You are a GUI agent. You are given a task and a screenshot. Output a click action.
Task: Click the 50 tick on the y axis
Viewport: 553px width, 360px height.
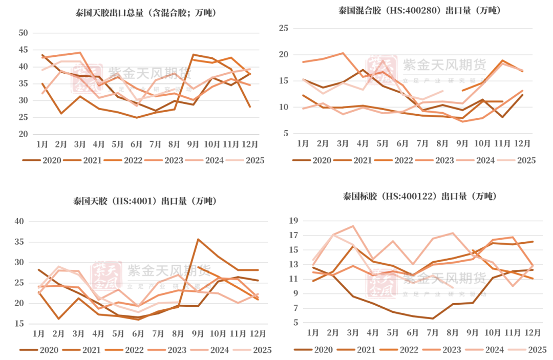tap(22, 33)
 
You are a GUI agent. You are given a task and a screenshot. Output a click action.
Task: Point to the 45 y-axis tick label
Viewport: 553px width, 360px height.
tap(22, 50)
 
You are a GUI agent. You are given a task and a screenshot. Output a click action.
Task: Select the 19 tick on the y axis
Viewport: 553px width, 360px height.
tap(293, 221)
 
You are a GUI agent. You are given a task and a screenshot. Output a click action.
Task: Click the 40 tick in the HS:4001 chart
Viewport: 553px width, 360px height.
tap(19, 221)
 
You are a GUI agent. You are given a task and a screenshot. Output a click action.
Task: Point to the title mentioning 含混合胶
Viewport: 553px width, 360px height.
tap(145, 13)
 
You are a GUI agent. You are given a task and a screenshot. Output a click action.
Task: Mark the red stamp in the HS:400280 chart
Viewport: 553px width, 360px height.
tap(382, 70)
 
